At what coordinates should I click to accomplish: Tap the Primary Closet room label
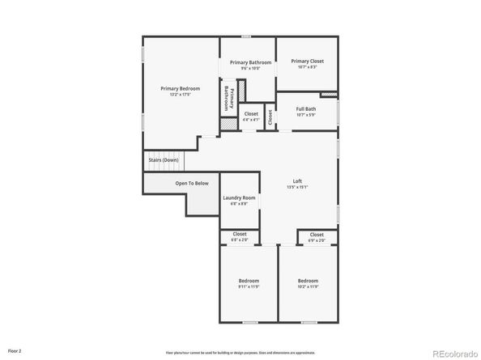click(307, 61)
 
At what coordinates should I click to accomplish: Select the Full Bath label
click(306, 108)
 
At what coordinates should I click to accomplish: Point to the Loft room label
click(297, 180)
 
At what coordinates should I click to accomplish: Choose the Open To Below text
click(192, 184)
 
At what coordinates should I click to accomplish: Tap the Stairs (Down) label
click(164, 160)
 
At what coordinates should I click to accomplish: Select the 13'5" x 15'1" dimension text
click(297, 187)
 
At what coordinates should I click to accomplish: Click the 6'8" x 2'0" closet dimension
click(240, 240)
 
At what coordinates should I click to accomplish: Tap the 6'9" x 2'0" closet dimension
click(316, 240)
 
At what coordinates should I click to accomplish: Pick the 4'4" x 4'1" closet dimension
click(251, 121)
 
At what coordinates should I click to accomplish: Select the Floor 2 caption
click(15, 351)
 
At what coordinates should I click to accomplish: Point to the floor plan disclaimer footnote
click(240, 353)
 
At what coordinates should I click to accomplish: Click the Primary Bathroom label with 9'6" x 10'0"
click(250, 63)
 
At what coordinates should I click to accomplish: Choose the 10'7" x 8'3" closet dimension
click(307, 67)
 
